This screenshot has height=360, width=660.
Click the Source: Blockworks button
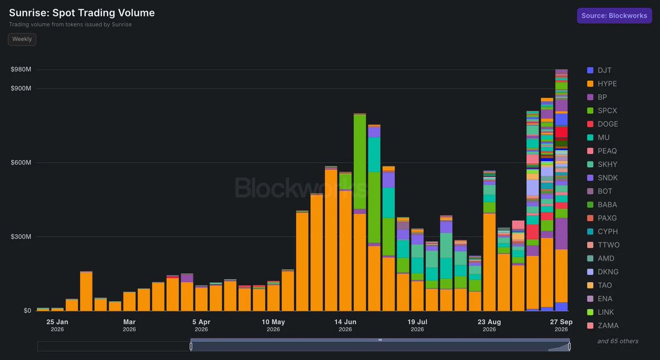[x=614, y=15]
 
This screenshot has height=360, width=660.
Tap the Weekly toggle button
[x=22, y=39]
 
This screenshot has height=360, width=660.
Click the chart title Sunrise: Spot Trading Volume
[x=82, y=13]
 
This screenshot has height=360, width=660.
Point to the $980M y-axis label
[x=21, y=69]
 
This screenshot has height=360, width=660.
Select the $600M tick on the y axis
[x=21, y=163]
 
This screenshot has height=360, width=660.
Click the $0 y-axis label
[x=28, y=311]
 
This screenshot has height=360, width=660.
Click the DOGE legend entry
[x=603, y=124]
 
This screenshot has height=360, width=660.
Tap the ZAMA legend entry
[x=603, y=325]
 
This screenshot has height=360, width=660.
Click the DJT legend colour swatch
[x=590, y=70]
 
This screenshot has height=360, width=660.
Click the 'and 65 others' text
[x=618, y=341]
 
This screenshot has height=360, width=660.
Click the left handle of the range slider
[x=191, y=346]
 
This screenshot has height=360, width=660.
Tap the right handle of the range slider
[x=569, y=346]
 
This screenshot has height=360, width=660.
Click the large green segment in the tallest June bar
[x=360, y=162]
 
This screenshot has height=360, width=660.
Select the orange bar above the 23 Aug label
[x=490, y=262]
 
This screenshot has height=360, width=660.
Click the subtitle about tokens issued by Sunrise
[x=70, y=24]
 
